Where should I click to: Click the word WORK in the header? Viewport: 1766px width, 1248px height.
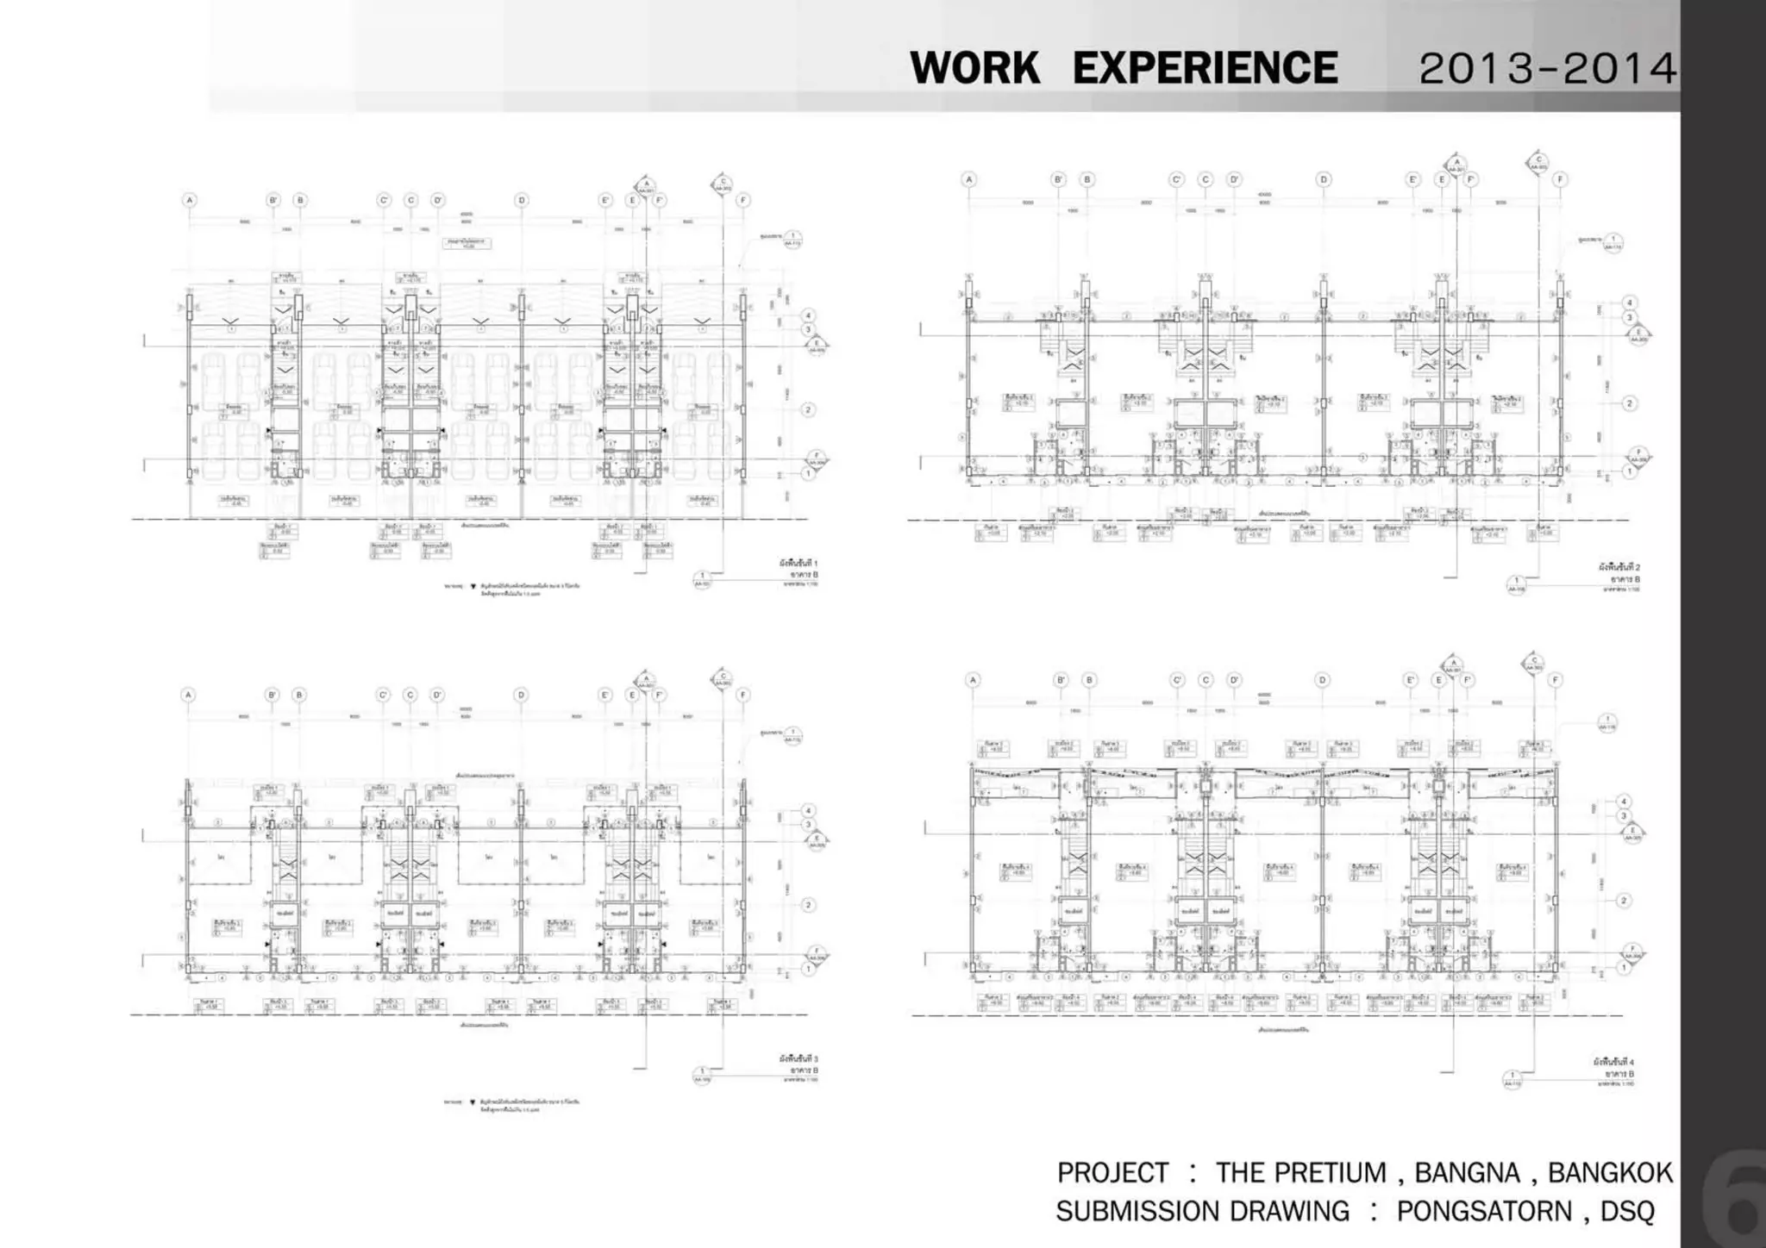click(x=974, y=68)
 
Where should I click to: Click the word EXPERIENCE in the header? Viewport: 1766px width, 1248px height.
click(x=1205, y=68)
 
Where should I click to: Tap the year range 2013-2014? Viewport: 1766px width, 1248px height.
click(x=1547, y=69)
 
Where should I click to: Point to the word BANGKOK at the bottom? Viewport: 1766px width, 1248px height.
click(x=1610, y=1173)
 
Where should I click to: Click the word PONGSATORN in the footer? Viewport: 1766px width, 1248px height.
click(x=1484, y=1211)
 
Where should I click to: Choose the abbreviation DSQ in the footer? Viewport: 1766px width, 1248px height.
click(x=1627, y=1211)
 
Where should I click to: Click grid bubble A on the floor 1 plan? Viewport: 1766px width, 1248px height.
click(x=190, y=200)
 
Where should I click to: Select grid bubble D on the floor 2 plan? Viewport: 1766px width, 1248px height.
click(x=1324, y=179)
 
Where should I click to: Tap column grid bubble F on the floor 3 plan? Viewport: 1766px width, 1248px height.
click(x=743, y=695)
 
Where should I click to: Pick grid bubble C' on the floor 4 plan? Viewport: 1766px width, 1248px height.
click(x=1177, y=680)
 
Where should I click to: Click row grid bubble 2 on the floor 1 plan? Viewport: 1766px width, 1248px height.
click(x=808, y=409)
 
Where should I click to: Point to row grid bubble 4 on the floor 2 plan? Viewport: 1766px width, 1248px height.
click(x=1629, y=303)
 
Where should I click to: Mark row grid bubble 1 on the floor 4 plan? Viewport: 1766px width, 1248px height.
click(x=1623, y=968)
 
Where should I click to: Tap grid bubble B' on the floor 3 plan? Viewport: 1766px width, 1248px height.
click(x=272, y=695)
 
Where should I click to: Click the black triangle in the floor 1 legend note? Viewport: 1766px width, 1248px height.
click(x=473, y=585)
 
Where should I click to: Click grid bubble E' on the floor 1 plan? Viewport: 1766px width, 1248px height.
click(x=604, y=200)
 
